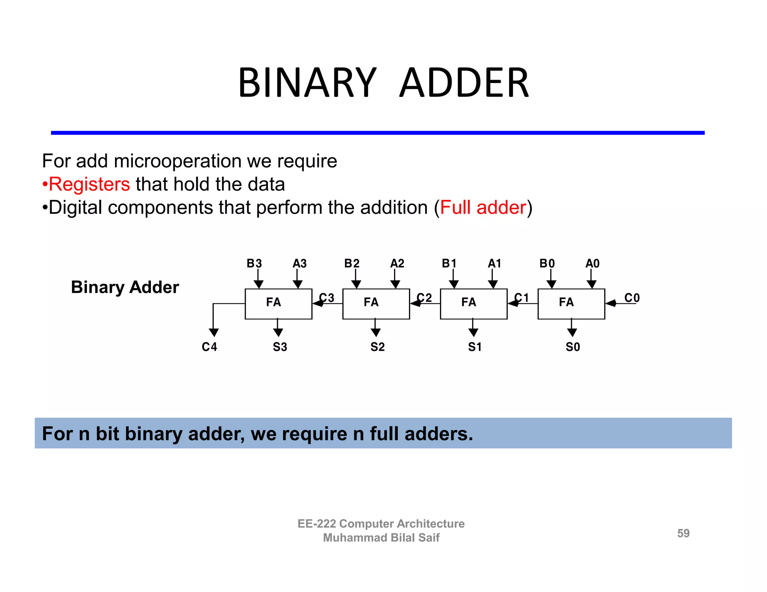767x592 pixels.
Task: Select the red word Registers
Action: [89, 184]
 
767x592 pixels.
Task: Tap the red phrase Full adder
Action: [483, 208]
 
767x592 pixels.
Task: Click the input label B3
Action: [254, 263]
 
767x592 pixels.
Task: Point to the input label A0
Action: [592, 263]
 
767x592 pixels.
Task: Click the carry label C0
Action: [632, 298]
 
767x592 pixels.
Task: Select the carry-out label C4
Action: [209, 347]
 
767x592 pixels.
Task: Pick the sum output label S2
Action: [377, 347]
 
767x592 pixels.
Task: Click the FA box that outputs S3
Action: [278, 303]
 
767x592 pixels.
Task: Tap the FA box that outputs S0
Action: [571, 303]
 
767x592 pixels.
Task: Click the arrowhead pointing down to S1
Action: [473, 332]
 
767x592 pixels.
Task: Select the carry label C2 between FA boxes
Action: [424, 298]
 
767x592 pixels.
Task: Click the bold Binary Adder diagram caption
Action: [125, 287]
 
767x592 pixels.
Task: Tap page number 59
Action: [683, 533]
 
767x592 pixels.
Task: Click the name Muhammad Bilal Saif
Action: [381, 538]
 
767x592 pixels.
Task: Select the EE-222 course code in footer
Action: [316, 524]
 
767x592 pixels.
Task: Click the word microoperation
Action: [178, 161]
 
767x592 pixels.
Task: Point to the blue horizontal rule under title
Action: [378, 133]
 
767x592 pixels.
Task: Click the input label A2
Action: [397, 263]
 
